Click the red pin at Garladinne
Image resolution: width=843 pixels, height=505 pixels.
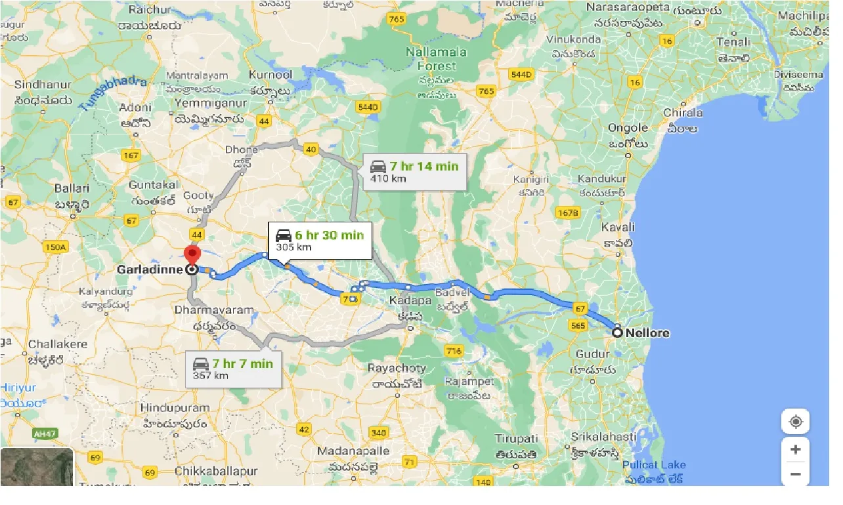pyautogui.click(x=192, y=254)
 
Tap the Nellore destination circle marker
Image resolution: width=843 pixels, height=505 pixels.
pyautogui.click(x=617, y=333)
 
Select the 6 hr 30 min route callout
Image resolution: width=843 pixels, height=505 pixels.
pyautogui.click(x=320, y=240)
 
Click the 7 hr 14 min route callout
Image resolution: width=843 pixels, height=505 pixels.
pyautogui.click(x=415, y=172)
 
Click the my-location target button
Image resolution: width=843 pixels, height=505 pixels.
pyautogui.click(x=796, y=422)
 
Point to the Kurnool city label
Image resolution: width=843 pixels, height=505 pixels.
pyautogui.click(x=271, y=75)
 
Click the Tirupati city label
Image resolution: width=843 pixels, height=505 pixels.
pyautogui.click(x=516, y=438)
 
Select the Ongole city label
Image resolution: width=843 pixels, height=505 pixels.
pyautogui.click(x=627, y=128)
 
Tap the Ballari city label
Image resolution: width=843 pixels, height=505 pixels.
pyautogui.click(x=72, y=188)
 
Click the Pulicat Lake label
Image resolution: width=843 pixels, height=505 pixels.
pyautogui.click(x=654, y=465)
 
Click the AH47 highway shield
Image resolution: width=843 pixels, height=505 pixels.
pyautogui.click(x=45, y=434)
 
